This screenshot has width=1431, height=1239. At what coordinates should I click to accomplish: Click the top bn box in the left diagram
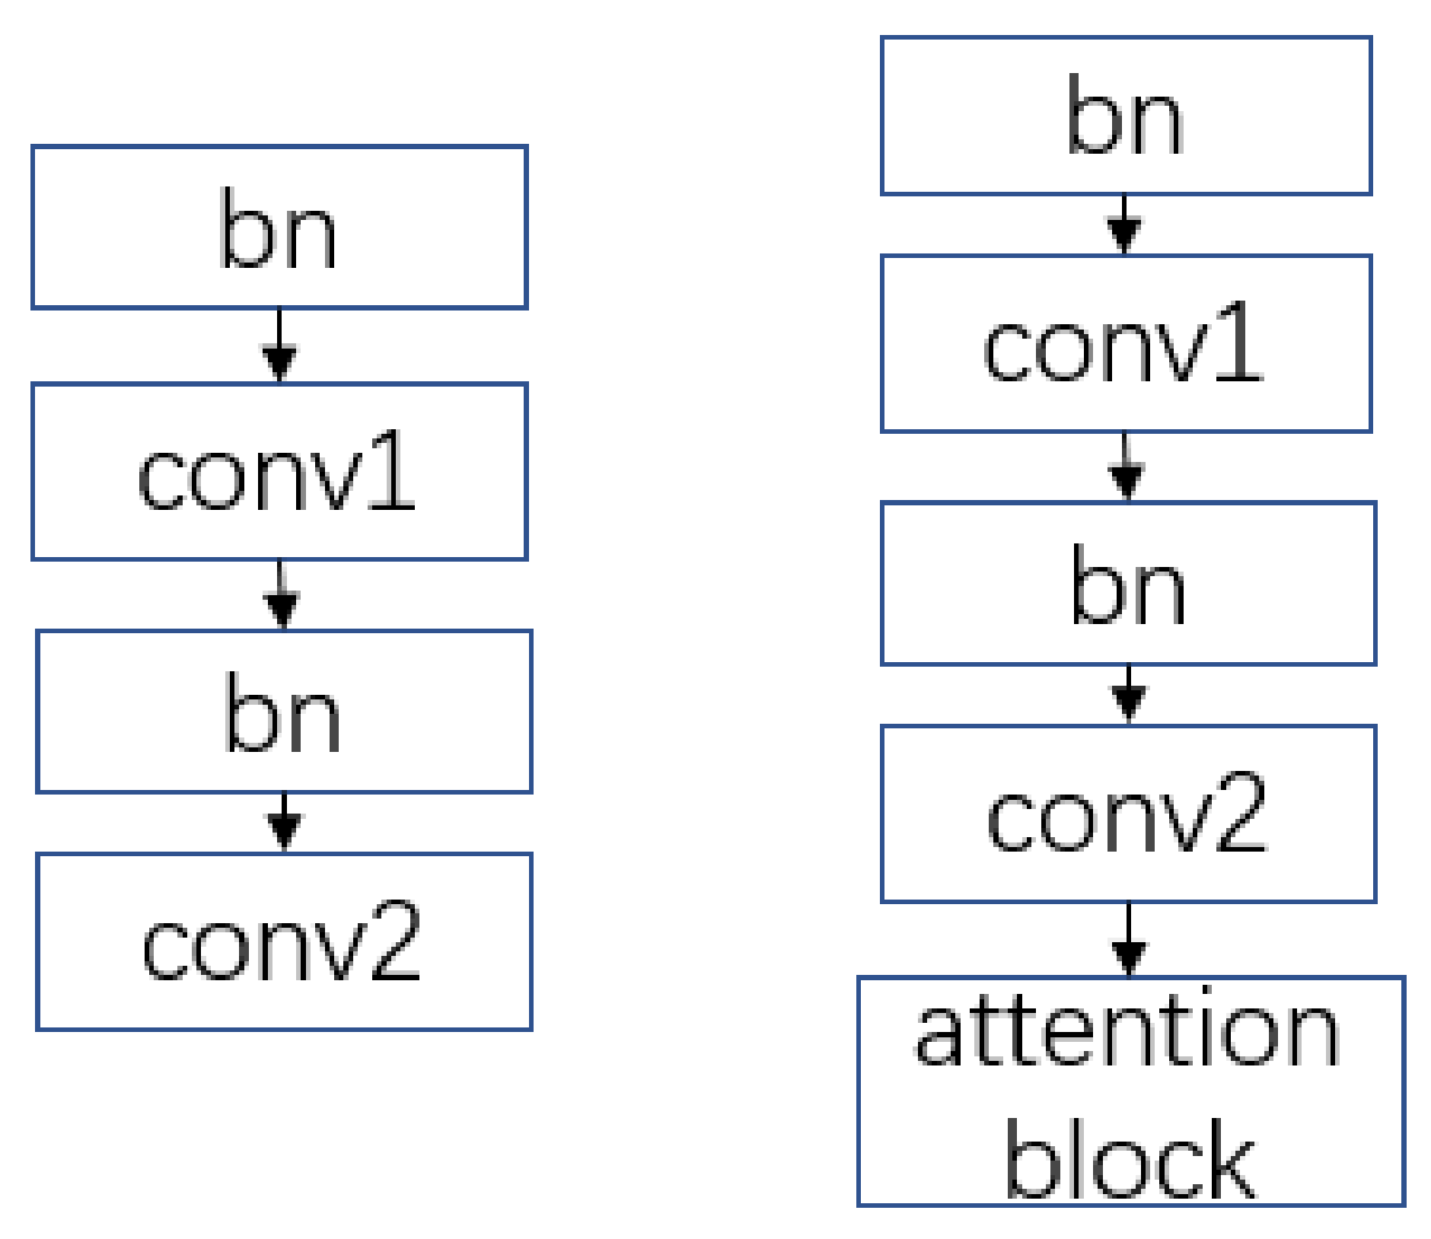click(279, 227)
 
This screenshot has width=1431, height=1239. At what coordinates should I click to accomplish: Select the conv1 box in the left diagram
click(279, 472)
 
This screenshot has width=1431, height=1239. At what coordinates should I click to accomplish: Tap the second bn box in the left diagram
click(284, 712)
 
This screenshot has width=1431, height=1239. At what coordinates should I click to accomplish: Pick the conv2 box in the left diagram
click(284, 942)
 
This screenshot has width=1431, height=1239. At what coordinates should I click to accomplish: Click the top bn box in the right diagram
click(1126, 116)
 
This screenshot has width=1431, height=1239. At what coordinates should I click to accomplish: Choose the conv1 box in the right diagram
click(1126, 344)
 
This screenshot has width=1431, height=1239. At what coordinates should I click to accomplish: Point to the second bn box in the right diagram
click(1128, 584)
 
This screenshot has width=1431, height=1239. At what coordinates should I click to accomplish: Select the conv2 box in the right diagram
click(1128, 814)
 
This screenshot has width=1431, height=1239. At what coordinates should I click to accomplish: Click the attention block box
click(1130, 1091)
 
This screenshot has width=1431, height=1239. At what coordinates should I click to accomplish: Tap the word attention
click(1127, 1034)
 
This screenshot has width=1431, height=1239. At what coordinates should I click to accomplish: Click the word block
click(1130, 1159)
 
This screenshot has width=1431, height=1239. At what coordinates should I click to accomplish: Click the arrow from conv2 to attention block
click(1129, 941)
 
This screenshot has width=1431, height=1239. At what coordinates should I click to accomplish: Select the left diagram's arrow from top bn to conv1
click(279, 346)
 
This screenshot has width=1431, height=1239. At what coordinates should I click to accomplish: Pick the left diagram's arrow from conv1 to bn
click(282, 595)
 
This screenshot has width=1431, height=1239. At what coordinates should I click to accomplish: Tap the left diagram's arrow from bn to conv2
click(284, 823)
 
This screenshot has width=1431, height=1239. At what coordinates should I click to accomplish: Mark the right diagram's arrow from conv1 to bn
click(1127, 467)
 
